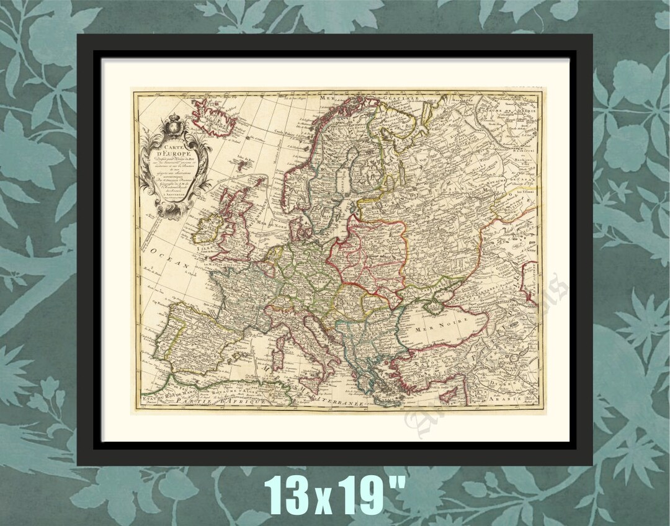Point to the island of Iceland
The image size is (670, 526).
pos(213,118)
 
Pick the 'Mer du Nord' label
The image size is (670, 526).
pos(274,225)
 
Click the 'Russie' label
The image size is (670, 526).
pos(434,186)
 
